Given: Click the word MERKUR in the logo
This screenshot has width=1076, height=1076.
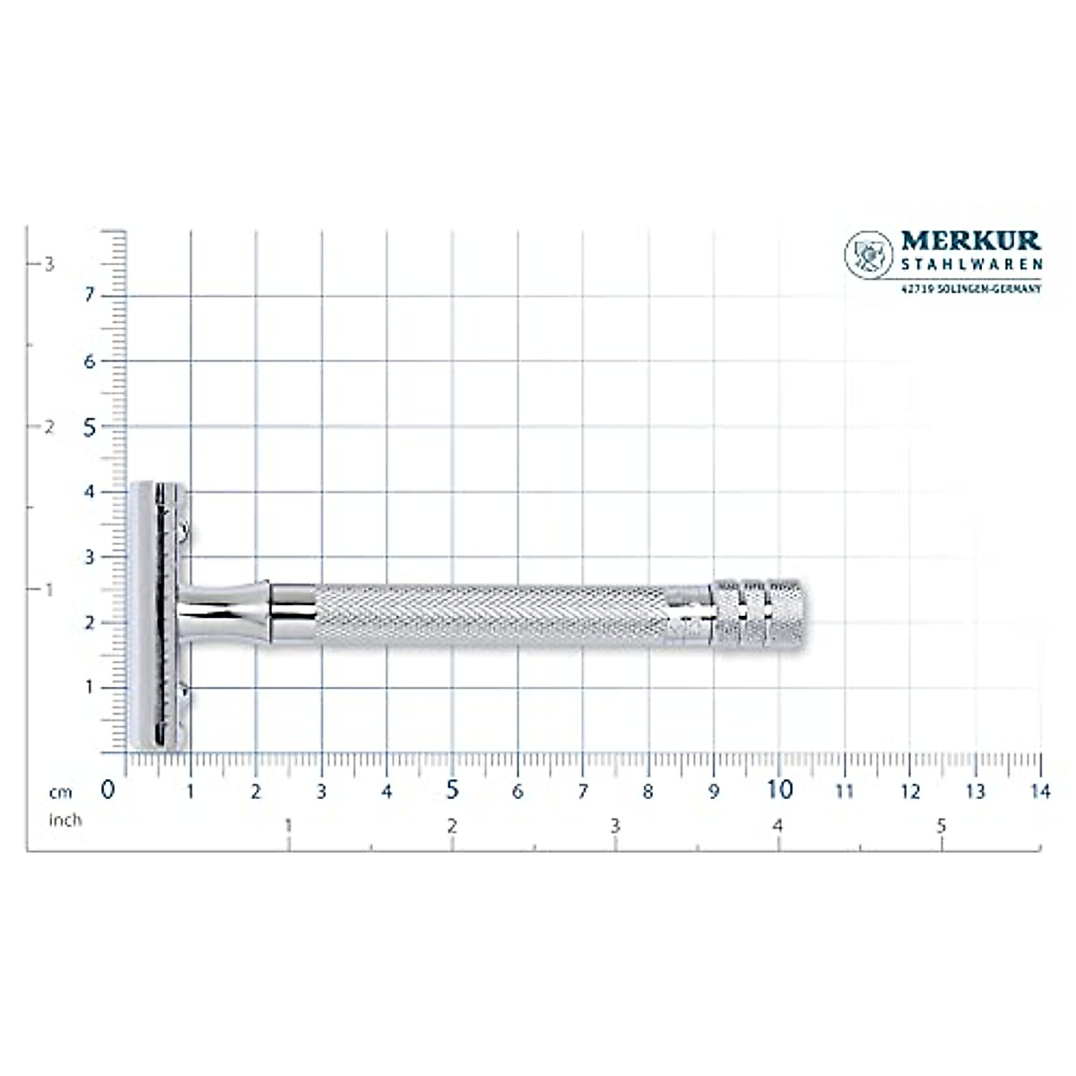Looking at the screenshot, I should click(970, 241).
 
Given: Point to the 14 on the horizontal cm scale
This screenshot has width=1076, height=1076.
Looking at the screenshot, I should click(1039, 791).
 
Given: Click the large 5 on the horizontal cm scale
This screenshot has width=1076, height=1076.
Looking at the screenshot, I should click(452, 790).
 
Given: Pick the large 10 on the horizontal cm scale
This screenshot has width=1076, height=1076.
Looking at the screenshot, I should click(779, 790).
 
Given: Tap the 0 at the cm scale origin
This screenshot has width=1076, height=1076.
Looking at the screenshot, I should click(108, 790).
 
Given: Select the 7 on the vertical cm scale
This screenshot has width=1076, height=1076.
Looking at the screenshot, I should click(90, 296).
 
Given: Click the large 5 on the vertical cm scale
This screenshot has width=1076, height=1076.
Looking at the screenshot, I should click(90, 427).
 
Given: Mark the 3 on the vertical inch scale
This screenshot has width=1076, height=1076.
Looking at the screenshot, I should click(50, 264).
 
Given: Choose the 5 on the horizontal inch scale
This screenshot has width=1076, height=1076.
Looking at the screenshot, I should click(941, 827).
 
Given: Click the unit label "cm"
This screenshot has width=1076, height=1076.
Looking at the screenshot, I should click(61, 792).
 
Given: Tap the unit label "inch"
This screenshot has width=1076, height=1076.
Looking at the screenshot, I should click(65, 820).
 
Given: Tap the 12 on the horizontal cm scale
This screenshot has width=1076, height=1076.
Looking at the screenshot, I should click(909, 791).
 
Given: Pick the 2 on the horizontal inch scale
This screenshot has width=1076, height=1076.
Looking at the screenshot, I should click(452, 827).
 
